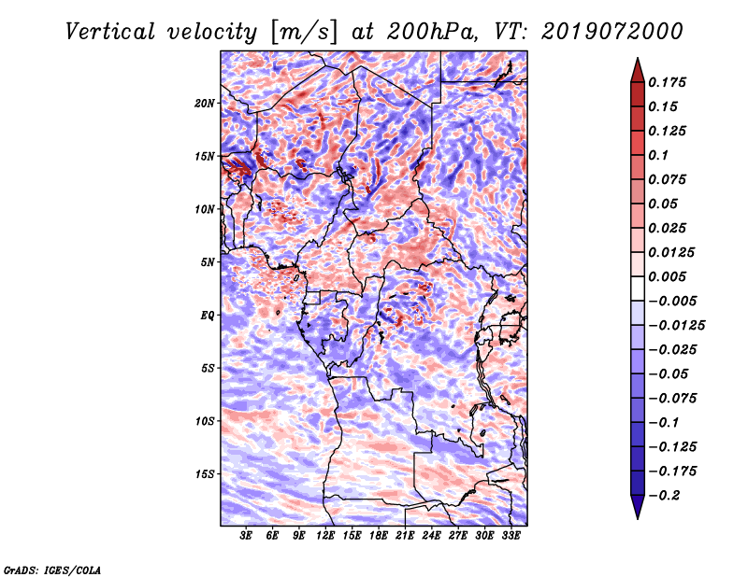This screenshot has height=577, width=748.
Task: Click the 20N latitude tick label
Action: click(x=205, y=103)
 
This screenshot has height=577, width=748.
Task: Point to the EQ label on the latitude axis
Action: click(x=208, y=316)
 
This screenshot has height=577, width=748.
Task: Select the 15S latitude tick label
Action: click(x=205, y=474)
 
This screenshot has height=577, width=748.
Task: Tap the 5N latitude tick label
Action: click(x=207, y=262)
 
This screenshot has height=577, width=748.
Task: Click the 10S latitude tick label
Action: click(x=205, y=421)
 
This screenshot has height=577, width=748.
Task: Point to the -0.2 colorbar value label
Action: click(x=667, y=496)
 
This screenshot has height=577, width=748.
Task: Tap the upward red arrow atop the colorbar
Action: click(x=637, y=69)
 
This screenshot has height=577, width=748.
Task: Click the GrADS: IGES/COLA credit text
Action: click(x=51, y=568)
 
